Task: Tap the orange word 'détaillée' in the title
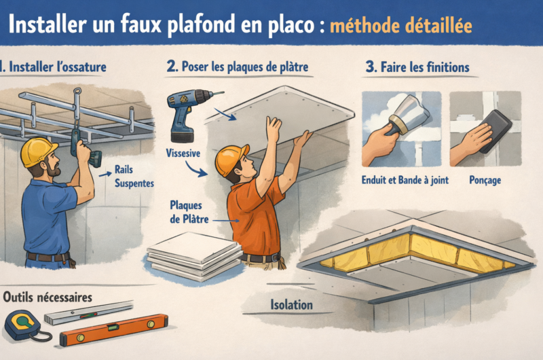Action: pos(438,26)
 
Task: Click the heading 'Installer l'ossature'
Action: pos(54,67)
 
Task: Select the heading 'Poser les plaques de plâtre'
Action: pos(238,67)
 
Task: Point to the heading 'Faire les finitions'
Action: pos(417,67)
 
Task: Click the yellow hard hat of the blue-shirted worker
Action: pos(38,151)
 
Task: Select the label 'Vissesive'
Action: pos(183,153)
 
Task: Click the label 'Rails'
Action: pos(124,169)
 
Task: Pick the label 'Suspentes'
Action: pos(134,183)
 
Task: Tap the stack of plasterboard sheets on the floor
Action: pos(195,255)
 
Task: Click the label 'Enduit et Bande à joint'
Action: pos(405,180)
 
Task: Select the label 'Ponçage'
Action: pos(485,180)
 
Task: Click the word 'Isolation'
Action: pos(292,305)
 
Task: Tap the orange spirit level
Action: pos(114,329)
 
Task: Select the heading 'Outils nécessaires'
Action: pos(48,298)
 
